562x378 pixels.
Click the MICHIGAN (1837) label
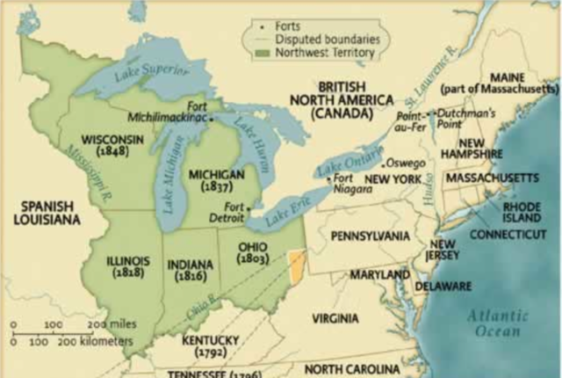216,181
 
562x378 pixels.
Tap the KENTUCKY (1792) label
210,345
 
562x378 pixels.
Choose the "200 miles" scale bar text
111,323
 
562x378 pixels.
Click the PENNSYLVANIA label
370,236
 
